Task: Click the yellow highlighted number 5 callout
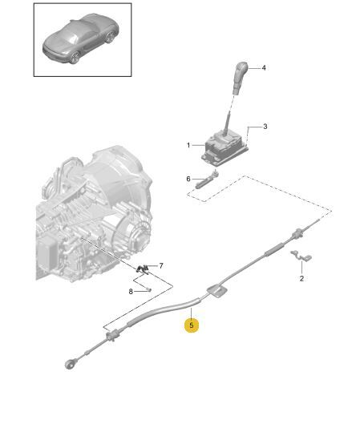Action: click(191, 325)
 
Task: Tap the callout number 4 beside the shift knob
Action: click(264, 67)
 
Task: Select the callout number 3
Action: click(265, 127)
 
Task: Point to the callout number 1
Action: click(188, 145)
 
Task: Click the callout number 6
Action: click(188, 179)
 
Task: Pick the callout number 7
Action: click(161, 265)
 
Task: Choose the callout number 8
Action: click(131, 292)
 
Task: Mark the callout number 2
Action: click(301, 278)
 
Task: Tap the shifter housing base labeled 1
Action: click(225, 149)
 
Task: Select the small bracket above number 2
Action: click(301, 256)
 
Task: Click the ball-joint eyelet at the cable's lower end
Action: click(70, 365)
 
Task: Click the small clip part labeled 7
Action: click(142, 269)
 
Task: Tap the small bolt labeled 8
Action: click(149, 289)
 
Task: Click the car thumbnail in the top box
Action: click(80, 38)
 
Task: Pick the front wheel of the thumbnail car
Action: click(75, 57)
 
